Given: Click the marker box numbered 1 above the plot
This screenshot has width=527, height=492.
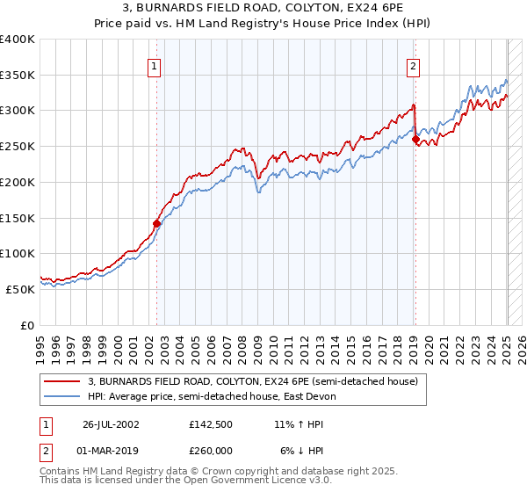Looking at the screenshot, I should pos(154,65).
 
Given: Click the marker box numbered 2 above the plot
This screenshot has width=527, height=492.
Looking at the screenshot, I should pos(412,65).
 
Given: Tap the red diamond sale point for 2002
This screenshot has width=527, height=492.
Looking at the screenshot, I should pos(156,223).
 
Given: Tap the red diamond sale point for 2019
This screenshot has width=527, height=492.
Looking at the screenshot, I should pos(415,139).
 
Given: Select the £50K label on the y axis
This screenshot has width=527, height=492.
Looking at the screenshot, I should pos(20,289).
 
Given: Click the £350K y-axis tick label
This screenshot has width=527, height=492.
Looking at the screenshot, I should pos(18,75).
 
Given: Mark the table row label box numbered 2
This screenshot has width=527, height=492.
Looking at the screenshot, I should pos(47,450).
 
